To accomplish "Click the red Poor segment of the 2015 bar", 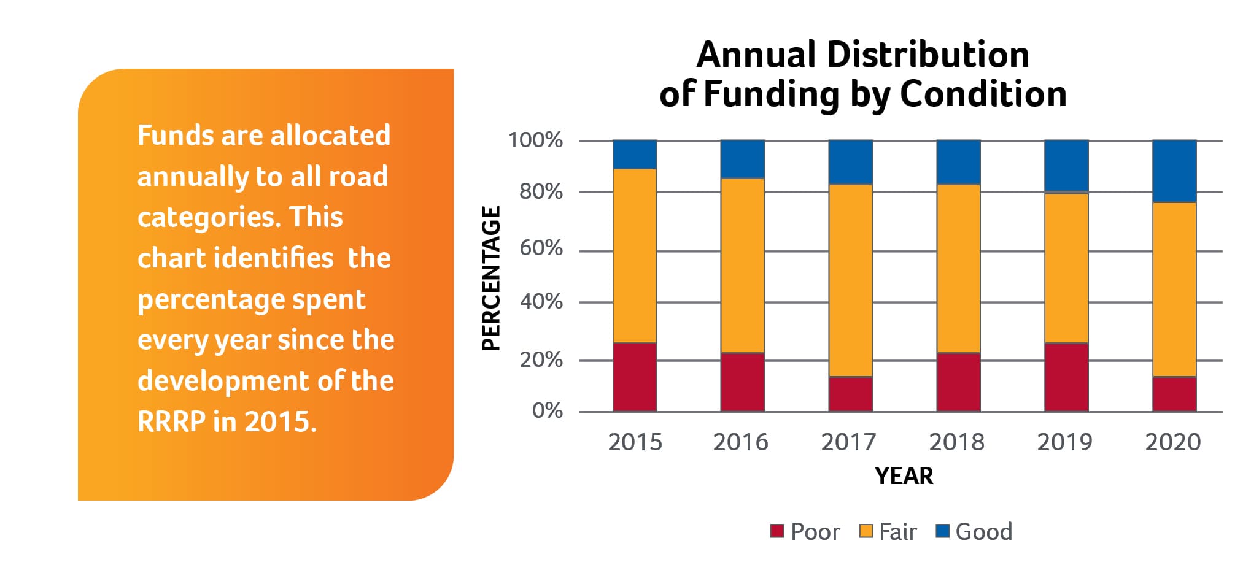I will [635, 377].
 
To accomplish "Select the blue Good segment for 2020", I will [1174, 171].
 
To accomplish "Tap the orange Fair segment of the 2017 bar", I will [851, 280].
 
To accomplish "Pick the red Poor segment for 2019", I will [1067, 377].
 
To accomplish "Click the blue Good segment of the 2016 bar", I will [743, 159].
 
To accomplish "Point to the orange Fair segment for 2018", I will [958, 269].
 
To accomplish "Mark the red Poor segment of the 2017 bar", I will [851, 393].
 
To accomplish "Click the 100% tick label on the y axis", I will [535, 140].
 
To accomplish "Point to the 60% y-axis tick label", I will [541, 248].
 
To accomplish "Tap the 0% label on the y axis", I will [548, 410].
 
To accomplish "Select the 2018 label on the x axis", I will [956, 442].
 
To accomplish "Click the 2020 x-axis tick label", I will [1172, 442].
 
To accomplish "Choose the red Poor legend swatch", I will [777, 531].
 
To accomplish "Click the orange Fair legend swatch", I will [866, 531].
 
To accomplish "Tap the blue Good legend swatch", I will [942, 531].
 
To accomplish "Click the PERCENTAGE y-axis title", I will [492, 279].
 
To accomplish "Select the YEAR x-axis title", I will [904, 476].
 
